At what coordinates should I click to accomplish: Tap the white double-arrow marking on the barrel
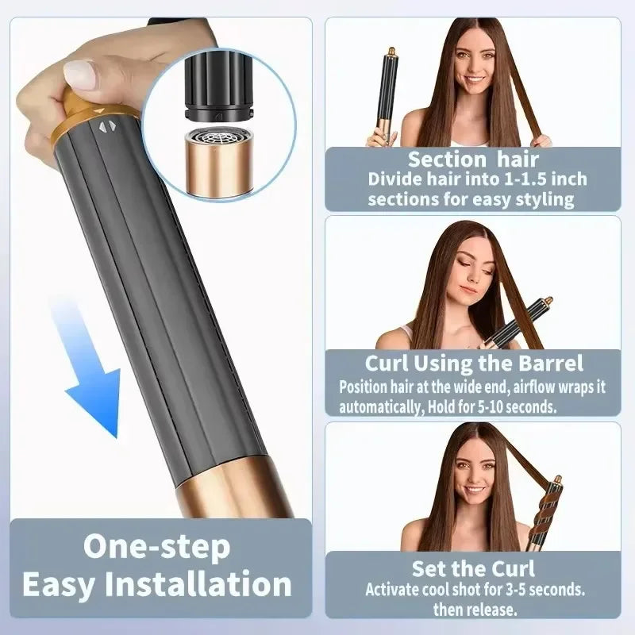106,125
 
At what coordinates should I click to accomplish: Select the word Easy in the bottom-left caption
63,585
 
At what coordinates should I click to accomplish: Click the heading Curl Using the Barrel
473,364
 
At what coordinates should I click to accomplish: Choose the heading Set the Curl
473,568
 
